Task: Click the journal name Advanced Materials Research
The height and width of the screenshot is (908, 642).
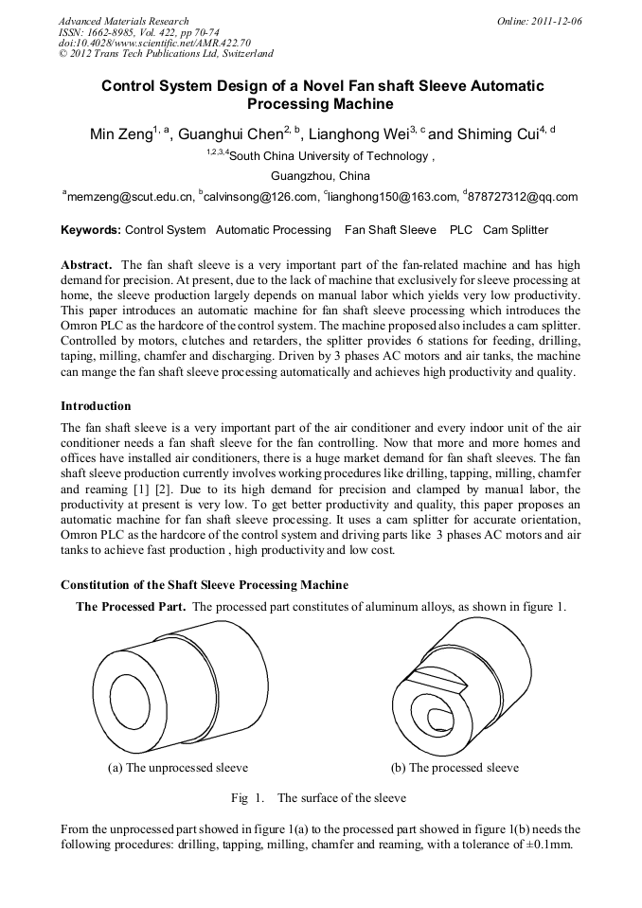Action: click(123, 21)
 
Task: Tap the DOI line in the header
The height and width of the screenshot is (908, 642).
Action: click(154, 43)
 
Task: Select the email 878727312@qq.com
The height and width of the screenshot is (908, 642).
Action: click(523, 197)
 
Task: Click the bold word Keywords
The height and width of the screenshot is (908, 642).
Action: click(90, 230)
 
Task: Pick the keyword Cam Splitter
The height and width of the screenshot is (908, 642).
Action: click(515, 230)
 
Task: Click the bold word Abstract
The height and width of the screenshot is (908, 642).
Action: click(87, 265)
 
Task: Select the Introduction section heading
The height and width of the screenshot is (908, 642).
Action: click(96, 406)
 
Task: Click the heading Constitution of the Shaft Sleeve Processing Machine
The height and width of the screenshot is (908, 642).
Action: click(204, 585)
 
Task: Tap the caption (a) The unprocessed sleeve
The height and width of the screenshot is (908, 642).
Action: click(178, 768)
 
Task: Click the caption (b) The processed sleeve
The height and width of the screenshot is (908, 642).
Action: click(455, 768)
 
